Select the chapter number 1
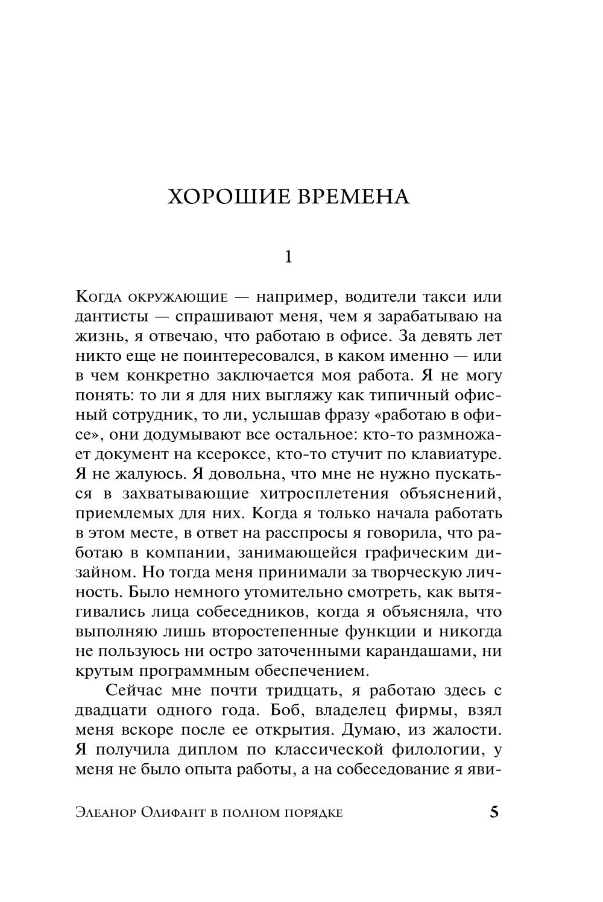(288, 257)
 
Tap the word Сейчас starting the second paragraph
(136, 690)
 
